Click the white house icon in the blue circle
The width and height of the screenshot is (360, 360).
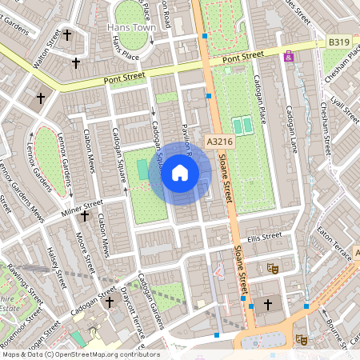click(180, 173)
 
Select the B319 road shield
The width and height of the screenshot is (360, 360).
click(339, 42)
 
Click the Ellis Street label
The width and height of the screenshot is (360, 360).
click(265, 237)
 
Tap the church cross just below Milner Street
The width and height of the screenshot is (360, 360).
click(84, 216)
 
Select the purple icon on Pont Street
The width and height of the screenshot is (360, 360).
click(288, 57)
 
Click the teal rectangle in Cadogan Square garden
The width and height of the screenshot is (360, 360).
click(142, 170)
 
